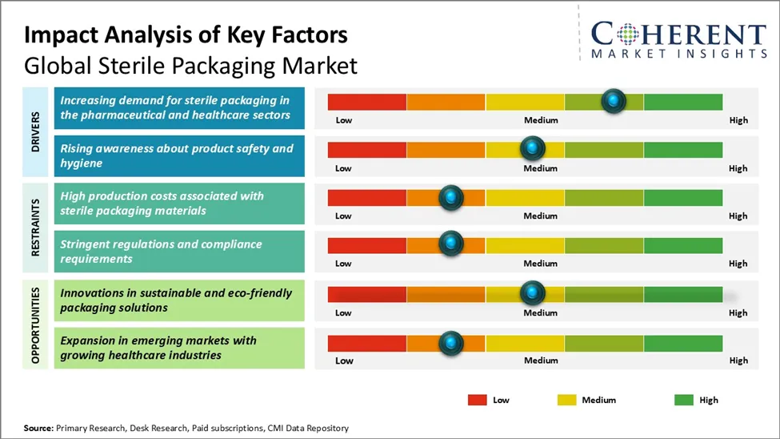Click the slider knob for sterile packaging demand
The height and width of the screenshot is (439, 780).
[613, 101]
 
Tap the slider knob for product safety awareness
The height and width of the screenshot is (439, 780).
[532, 149]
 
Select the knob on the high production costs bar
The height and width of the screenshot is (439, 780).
[451, 197]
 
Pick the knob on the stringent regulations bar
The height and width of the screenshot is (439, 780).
[451, 244]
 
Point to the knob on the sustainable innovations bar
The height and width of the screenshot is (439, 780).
[532, 293]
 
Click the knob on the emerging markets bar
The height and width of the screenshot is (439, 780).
[451, 342]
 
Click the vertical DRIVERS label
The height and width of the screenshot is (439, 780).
[36, 131]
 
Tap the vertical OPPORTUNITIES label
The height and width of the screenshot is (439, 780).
[36, 324]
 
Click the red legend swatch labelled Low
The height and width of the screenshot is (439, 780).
[478, 400]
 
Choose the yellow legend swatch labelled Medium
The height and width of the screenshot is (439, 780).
[566, 400]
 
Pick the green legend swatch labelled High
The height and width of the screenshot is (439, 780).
[685, 400]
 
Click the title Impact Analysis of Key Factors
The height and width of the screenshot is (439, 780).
[186, 35]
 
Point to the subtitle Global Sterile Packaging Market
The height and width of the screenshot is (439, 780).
[190, 65]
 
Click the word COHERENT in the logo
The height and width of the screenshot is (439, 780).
[678, 35]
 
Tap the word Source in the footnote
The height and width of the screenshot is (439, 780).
[38, 429]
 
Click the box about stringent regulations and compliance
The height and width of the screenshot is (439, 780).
[179, 252]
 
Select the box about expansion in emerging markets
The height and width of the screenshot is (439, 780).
[179, 348]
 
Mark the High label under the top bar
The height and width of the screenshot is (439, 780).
[738, 120]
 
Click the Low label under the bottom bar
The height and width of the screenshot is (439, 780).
[344, 360]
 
